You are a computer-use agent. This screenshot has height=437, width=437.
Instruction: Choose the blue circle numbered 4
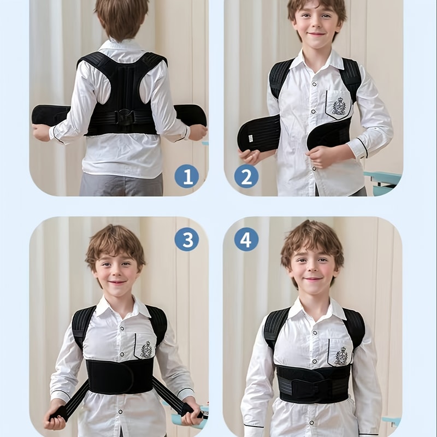(x=246, y=239)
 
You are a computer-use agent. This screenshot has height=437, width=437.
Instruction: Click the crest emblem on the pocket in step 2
(x=339, y=106)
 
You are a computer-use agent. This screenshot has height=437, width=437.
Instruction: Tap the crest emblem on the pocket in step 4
(x=341, y=356)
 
